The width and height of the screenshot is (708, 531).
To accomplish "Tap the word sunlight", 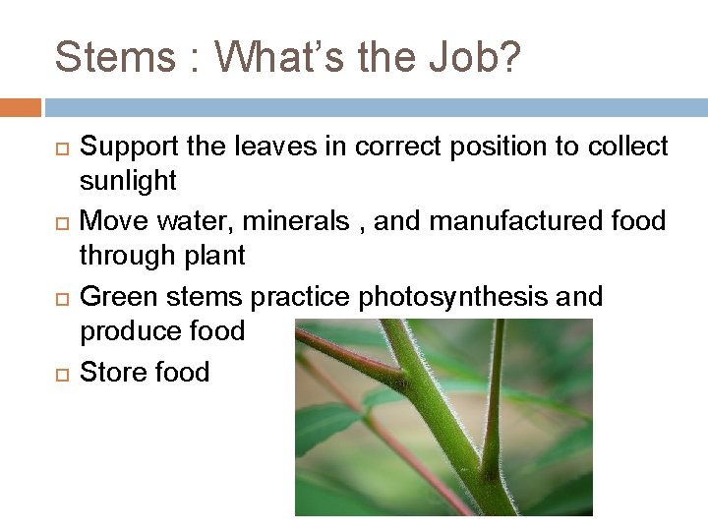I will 128,181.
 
